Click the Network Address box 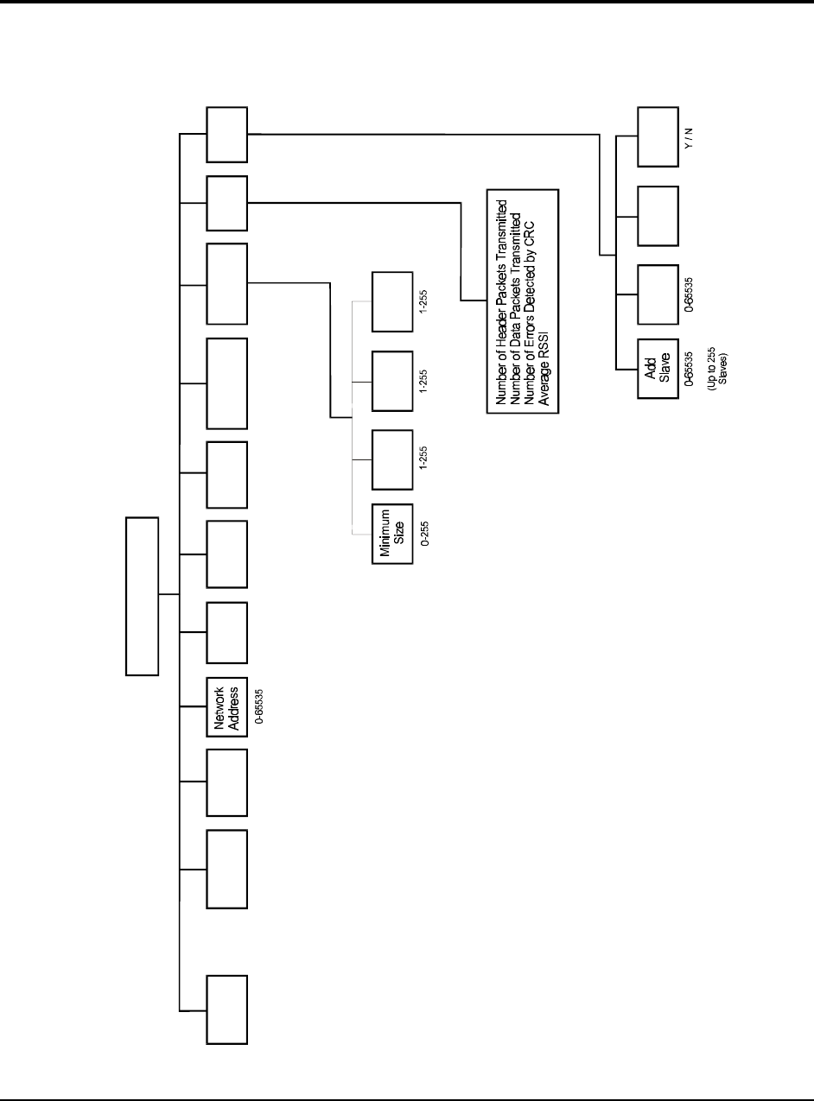226,708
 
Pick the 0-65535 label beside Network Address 258,708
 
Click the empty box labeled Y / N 658,136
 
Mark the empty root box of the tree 143,595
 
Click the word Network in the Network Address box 219,708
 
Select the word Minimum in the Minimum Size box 385,534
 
